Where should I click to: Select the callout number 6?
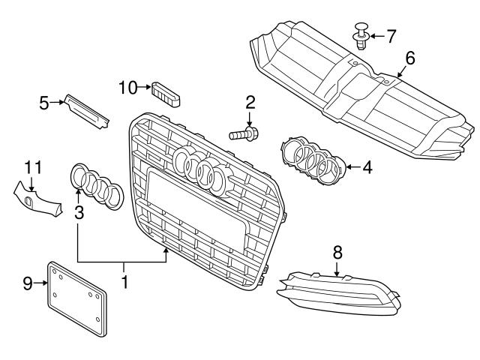click(409, 57)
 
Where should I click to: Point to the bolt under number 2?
click(243, 136)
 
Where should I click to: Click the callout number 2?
click(250, 102)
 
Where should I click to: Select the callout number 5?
click(45, 102)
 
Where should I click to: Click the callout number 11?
click(32, 167)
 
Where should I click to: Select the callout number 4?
click(367, 166)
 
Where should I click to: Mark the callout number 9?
click(28, 283)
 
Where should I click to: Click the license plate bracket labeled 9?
click(79, 296)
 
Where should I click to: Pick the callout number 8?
click(337, 252)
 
